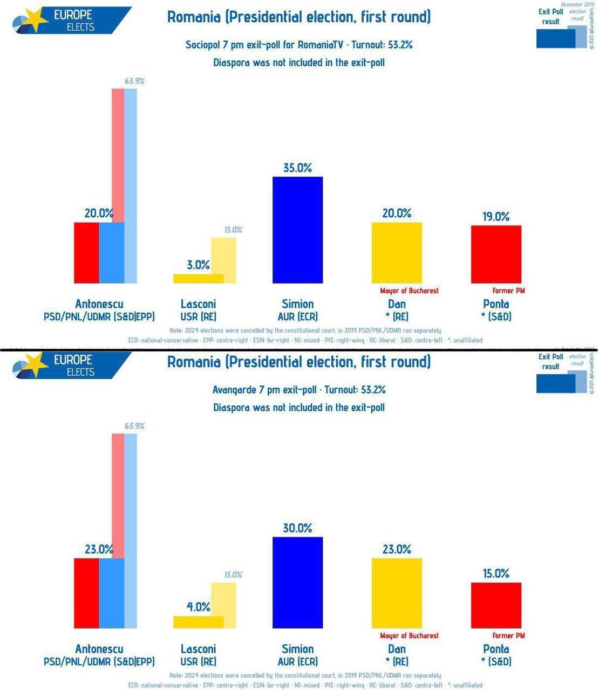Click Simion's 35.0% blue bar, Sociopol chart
tap(297, 230)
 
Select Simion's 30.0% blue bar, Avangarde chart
tap(297, 582)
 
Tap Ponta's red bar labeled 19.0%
tap(496, 254)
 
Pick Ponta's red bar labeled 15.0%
tap(496, 605)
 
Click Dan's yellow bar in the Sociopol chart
tap(397, 252)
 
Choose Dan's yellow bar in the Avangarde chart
tap(397, 593)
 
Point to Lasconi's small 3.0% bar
tap(198, 278)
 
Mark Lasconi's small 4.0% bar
tap(198, 622)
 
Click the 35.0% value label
tap(297, 168)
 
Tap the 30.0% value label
tap(297, 528)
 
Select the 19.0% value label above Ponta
tap(496, 216)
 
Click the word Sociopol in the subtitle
tap(201, 45)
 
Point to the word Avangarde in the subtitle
tap(234, 390)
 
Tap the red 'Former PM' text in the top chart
tap(508, 291)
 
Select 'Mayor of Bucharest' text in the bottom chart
tap(409, 636)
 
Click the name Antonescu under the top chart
tap(99, 303)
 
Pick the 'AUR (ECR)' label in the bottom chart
tap(297, 661)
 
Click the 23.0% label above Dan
tap(397, 549)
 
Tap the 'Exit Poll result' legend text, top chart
tap(550, 16)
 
